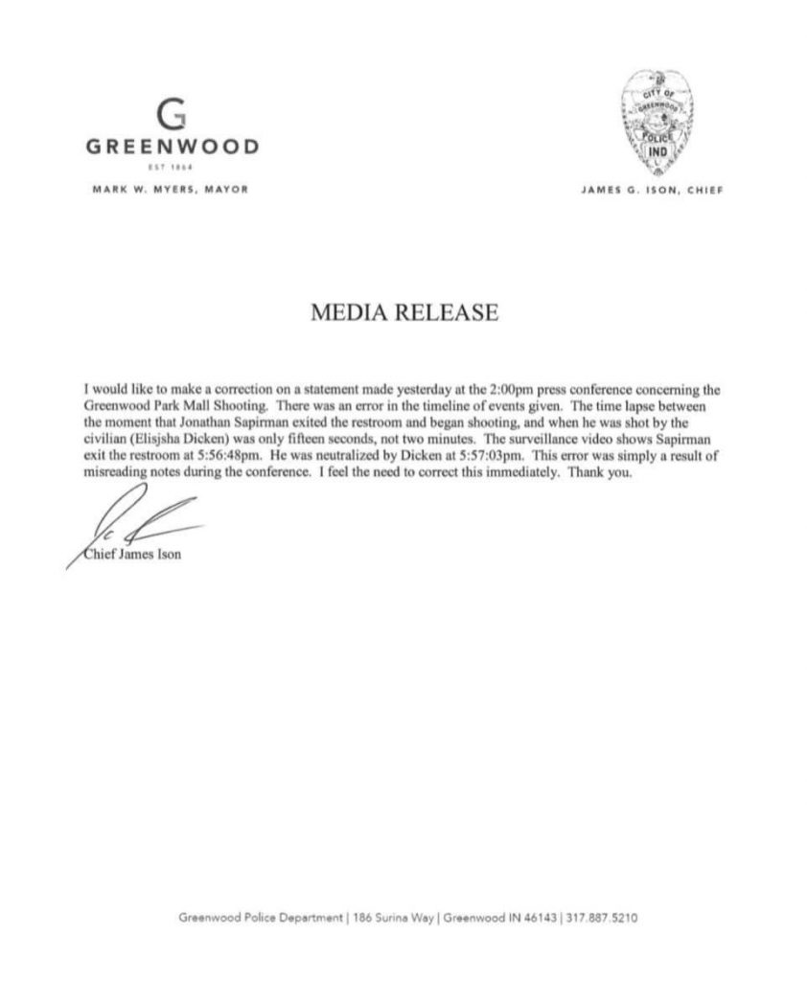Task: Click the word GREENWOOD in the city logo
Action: pyautogui.click(x=172, y=148)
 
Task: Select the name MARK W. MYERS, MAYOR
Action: pyautogui.click(x=172, y=189)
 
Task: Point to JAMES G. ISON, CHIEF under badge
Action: pyautogui.click(x=651, y=190)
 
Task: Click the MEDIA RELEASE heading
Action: pyautogui.click(x=403, y=313)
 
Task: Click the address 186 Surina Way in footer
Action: pyautogui.click(x=391, y=917)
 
